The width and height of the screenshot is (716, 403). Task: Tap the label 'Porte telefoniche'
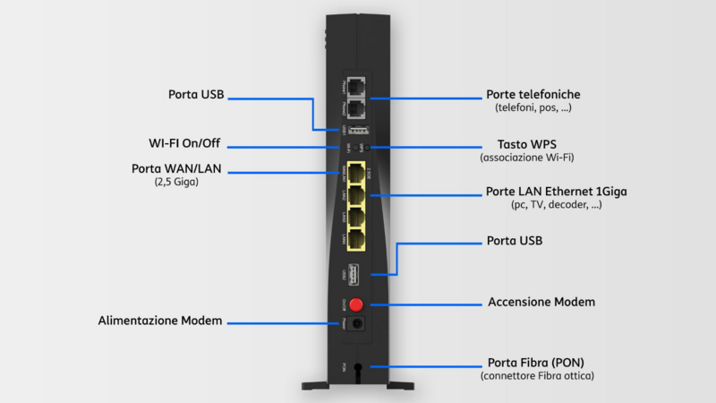[533, 94]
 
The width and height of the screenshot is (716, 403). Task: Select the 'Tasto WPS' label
[526, 143]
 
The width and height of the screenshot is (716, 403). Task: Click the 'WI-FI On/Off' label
[184, 143]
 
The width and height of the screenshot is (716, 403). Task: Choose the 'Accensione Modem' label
[541, 303]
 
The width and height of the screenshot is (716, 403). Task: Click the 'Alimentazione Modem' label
[160, 321]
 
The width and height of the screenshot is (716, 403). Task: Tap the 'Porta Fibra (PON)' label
[537, 362]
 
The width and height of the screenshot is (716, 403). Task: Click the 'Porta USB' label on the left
[196, 94]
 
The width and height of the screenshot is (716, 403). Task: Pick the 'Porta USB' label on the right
[515, 241]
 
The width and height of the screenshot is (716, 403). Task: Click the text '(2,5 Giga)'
[175, 182]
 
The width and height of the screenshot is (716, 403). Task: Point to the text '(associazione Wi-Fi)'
[527, 158]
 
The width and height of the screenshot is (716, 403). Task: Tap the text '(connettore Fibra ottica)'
[537, 375]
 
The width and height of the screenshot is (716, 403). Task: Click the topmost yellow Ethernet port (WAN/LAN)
[357, 172]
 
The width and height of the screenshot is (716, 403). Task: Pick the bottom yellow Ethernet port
[357, 239]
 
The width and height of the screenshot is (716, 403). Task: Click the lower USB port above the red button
[357, 272]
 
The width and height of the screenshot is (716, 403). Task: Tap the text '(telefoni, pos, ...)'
[533, 107]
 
